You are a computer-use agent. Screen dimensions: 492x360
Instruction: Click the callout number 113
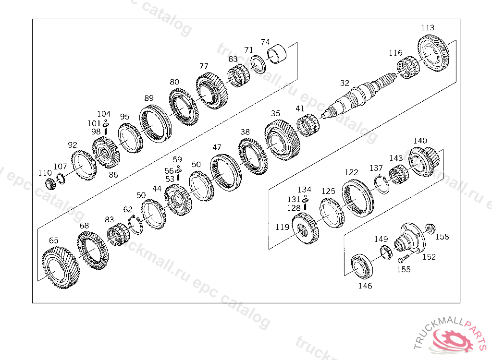tap(428, 27)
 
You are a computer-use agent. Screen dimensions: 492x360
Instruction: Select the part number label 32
tap(344, 83)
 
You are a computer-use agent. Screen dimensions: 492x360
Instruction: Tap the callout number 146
tap(365, 286)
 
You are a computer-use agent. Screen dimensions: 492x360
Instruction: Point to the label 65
tap(54, 240)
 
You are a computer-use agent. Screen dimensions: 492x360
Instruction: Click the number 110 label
tap(45, 173)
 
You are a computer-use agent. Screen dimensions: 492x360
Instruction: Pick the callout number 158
tap(442, 237)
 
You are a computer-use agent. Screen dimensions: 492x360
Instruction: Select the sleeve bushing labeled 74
tap(277, 54)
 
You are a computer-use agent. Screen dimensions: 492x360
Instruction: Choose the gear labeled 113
tap(433, 53)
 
